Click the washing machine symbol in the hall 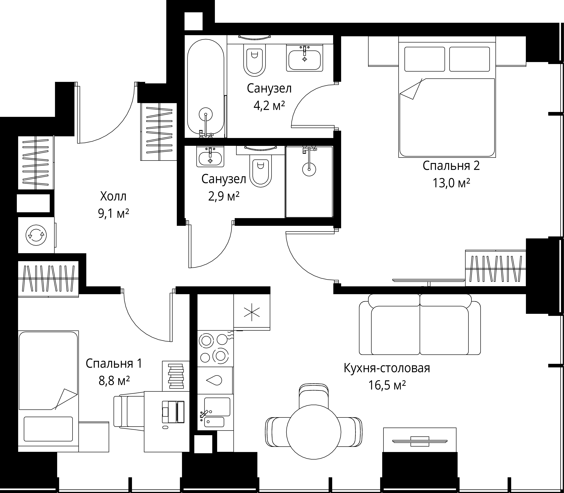36,235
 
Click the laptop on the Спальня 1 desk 173,412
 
